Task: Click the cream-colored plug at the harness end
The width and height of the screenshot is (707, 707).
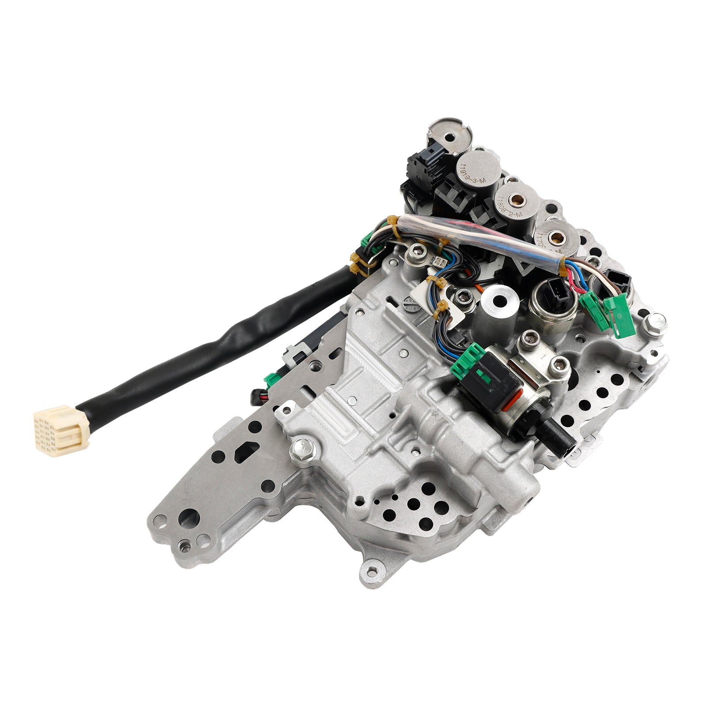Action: tap(61, 425)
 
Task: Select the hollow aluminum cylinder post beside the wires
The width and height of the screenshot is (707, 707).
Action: tap(500, 305)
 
